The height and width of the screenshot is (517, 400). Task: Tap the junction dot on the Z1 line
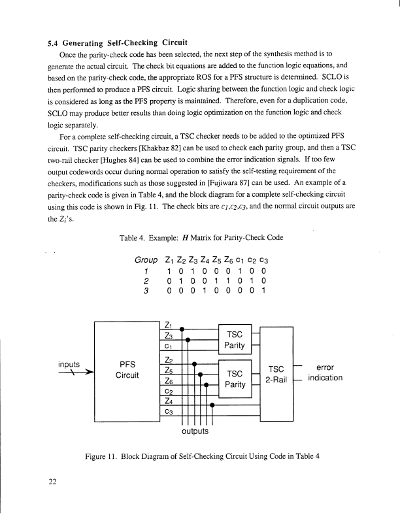pyautogui.click(x=182, y=329)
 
